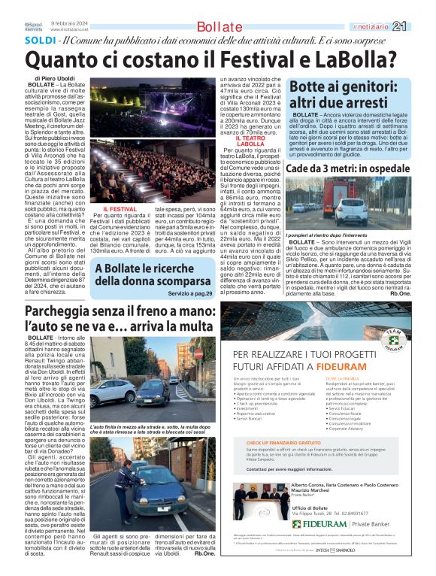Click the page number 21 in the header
tap(420, 26)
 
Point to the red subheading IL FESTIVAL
tap(120, 208)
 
